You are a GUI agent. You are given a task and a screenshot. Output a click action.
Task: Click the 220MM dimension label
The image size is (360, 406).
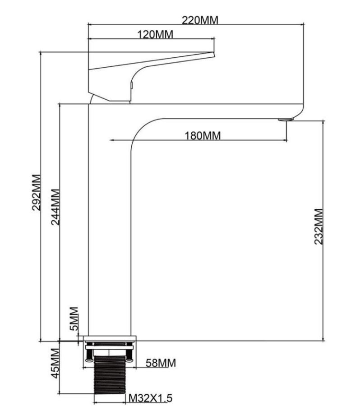200,20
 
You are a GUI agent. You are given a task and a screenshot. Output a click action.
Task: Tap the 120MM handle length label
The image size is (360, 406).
155,34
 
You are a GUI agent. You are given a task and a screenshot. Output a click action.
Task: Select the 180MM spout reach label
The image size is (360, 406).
203,135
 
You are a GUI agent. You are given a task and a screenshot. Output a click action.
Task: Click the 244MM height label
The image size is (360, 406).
55,207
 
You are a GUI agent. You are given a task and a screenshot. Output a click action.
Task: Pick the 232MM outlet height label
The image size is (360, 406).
318,226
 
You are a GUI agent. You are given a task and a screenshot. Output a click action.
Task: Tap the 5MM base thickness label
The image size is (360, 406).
74,318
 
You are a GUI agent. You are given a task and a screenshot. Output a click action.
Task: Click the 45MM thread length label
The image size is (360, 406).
55,363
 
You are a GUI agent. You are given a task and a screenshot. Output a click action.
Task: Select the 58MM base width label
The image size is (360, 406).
161,363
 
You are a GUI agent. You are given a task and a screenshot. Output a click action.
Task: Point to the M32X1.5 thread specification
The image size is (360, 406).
151,398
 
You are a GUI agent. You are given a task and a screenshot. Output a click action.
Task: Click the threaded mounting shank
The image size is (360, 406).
109,375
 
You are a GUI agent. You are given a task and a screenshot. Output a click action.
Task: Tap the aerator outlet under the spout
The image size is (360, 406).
286,120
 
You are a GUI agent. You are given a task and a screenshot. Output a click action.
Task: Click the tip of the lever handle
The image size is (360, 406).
214,54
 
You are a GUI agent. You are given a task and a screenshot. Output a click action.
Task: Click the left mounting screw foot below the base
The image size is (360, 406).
89,360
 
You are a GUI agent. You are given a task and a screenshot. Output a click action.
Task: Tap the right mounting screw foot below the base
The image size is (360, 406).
129,360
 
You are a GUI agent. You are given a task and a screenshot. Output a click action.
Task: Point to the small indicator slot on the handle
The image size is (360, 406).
131,85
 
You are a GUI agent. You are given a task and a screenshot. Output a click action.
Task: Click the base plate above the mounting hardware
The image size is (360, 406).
110,338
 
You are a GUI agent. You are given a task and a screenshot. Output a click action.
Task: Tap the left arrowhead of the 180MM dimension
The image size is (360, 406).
111,140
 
